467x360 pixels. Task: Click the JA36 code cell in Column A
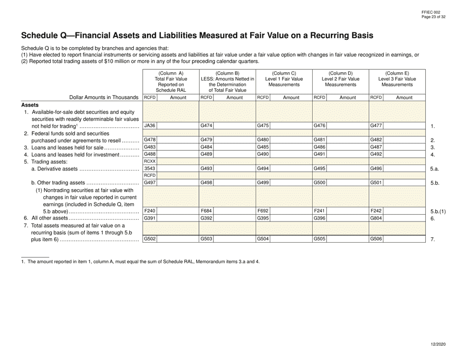click(149, 126)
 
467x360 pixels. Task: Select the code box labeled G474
click(206, 126)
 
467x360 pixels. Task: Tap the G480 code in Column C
click(263, 140)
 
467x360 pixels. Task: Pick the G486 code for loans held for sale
click(320, 147)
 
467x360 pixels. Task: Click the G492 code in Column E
click(376, 154)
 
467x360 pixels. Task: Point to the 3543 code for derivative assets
click(149, 168)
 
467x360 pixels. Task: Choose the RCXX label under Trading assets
click(149, 161)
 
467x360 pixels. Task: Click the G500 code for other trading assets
click(320, 183)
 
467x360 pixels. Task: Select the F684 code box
click(206, 211)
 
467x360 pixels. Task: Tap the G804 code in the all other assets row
click(376, 218)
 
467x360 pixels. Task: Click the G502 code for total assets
click(149, 239)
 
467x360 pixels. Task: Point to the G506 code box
click(376, 239)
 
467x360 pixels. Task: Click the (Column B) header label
click(227, 74)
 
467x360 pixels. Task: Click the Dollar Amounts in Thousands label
click(104, 98)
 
